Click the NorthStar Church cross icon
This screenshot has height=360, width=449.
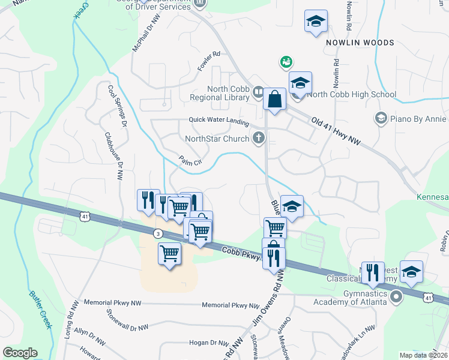click(x=259, y=139)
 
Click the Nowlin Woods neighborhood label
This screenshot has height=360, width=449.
click(x=360, y=43)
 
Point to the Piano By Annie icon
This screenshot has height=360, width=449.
click(x=379, y=118)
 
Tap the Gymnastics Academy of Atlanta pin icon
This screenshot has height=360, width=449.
click(x=396, y=296)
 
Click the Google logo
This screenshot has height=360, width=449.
click(x=20, y=353)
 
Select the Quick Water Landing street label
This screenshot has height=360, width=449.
click(x=218, y=121)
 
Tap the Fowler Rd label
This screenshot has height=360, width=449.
click(x=209, y=62)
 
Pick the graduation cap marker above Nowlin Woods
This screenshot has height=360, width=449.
click(x=316, y=23)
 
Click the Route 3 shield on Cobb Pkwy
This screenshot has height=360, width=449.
click(x=157, y=233)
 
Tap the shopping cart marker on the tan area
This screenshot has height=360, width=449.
click(x=170, y=254)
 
